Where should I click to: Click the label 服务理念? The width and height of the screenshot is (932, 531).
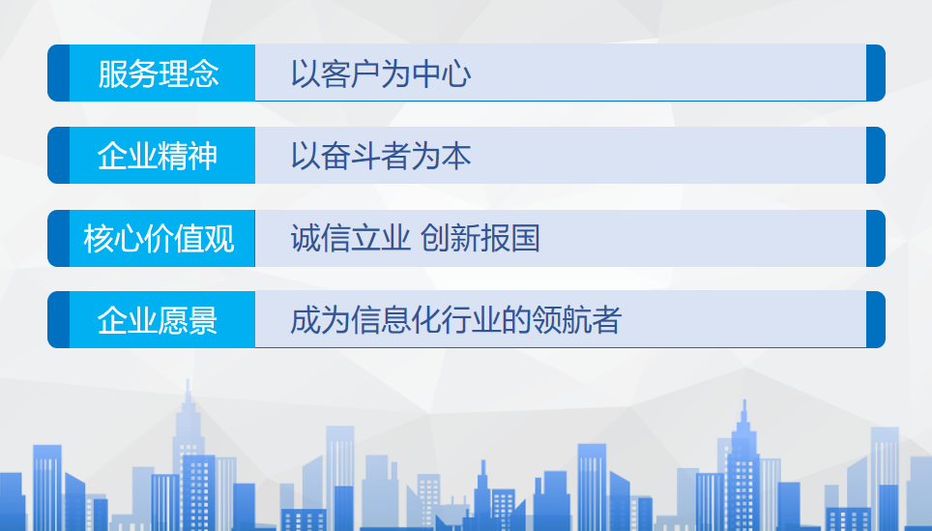[x=159, y=74]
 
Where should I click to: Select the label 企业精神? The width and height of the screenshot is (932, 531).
[x=158, y=156]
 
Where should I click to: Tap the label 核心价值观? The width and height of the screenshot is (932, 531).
[x=159, y=239]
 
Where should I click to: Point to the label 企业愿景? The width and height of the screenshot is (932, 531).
[x=158, y=320]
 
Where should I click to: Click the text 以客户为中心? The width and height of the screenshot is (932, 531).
[x=381, y=74]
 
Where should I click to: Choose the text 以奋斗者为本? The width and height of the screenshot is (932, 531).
[x=381, y=156]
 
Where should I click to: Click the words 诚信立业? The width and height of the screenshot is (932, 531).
[x=351, y=239]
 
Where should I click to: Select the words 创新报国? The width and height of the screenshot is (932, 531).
[x=481, y=239]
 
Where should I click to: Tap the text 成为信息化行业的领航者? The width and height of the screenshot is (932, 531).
[x=456, y=320]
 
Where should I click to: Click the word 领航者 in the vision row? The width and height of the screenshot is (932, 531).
[x=576, y=320]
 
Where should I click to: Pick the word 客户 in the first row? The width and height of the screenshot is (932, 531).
[x=351, y=74]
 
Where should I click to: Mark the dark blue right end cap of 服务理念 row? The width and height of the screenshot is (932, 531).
[x=876, y=74]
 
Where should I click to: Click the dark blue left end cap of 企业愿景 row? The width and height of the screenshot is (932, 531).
[x=58, y=319]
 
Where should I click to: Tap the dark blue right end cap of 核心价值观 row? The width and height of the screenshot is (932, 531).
[x=876, y=239]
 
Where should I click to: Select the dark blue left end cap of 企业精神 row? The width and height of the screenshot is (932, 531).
[x=58, y=155]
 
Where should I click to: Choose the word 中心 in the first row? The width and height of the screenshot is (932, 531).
[x=442, y=74]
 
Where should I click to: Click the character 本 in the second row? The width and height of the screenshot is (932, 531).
[x=456, y=156]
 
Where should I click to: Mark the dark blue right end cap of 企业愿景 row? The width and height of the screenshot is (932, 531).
[x=876, y=319]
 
